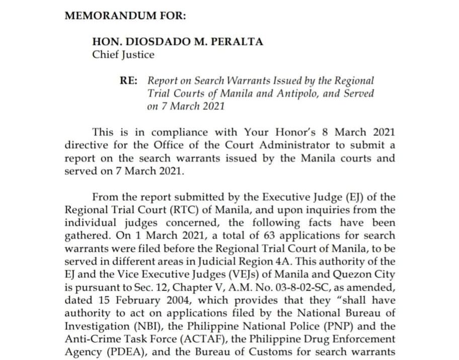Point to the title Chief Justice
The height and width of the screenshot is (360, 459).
123,54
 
